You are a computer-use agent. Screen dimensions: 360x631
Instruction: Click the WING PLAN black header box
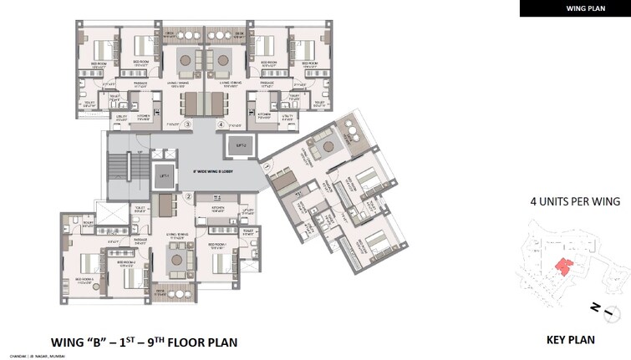pyautogui.click(x=574, y=8)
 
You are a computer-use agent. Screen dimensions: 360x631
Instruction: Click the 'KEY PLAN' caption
pyautogui.click(x=570, y=340)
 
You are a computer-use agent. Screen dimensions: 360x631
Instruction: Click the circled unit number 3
pyautogui.click(x=189, y=125)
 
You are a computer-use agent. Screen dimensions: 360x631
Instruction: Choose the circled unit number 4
pyautogui.click(x=221, y=125)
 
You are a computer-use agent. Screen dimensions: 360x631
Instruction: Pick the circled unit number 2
pyautogui.click(x=190, y=197)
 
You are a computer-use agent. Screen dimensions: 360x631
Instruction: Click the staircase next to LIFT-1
pyautogui.click(x=127, y=172)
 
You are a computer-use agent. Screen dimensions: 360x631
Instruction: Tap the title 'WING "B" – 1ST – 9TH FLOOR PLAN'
pyautogui.click(x=145, y=342)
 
